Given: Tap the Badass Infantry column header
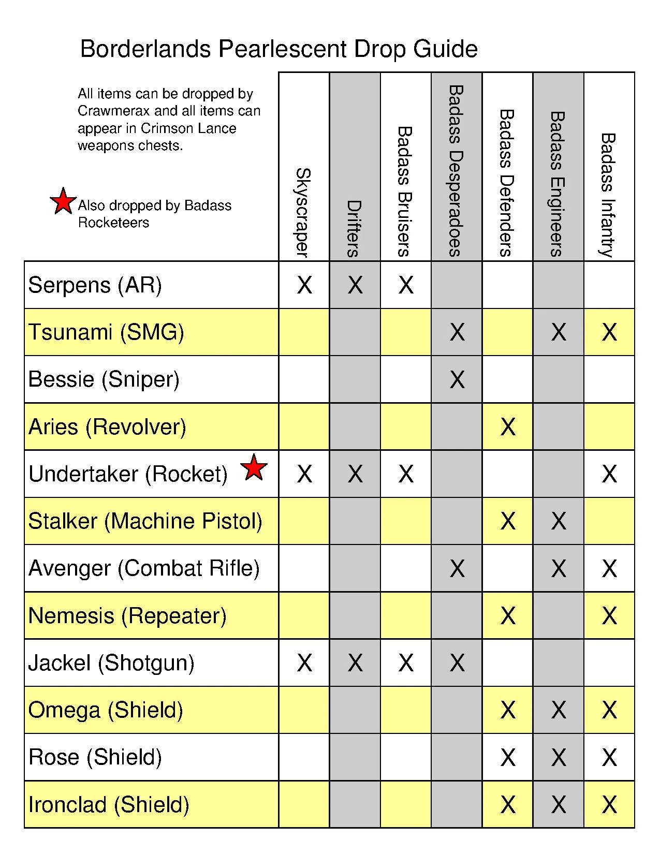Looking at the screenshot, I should (608, 195).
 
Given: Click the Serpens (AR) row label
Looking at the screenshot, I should (95, 285).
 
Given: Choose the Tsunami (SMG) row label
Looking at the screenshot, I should (106, 332).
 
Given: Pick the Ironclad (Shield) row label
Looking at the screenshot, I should (109, 805).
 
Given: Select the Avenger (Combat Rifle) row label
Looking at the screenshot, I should (144, 568).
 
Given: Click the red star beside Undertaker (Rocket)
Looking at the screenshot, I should (254, 467).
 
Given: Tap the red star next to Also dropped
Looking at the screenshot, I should (63, 201).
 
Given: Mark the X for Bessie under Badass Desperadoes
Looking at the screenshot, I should (457, 380).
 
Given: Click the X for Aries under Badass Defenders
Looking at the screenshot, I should (508, 427).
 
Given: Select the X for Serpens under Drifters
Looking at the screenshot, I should (355, 285).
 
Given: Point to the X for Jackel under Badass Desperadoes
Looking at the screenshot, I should (457, 663).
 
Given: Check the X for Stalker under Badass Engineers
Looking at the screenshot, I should (559, 521).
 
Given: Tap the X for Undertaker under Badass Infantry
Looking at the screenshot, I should (609, 474).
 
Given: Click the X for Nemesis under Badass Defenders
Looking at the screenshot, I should (508, 616).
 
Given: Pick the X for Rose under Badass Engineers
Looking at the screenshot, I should (559, 758).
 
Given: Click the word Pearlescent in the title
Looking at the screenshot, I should (283, 50).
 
